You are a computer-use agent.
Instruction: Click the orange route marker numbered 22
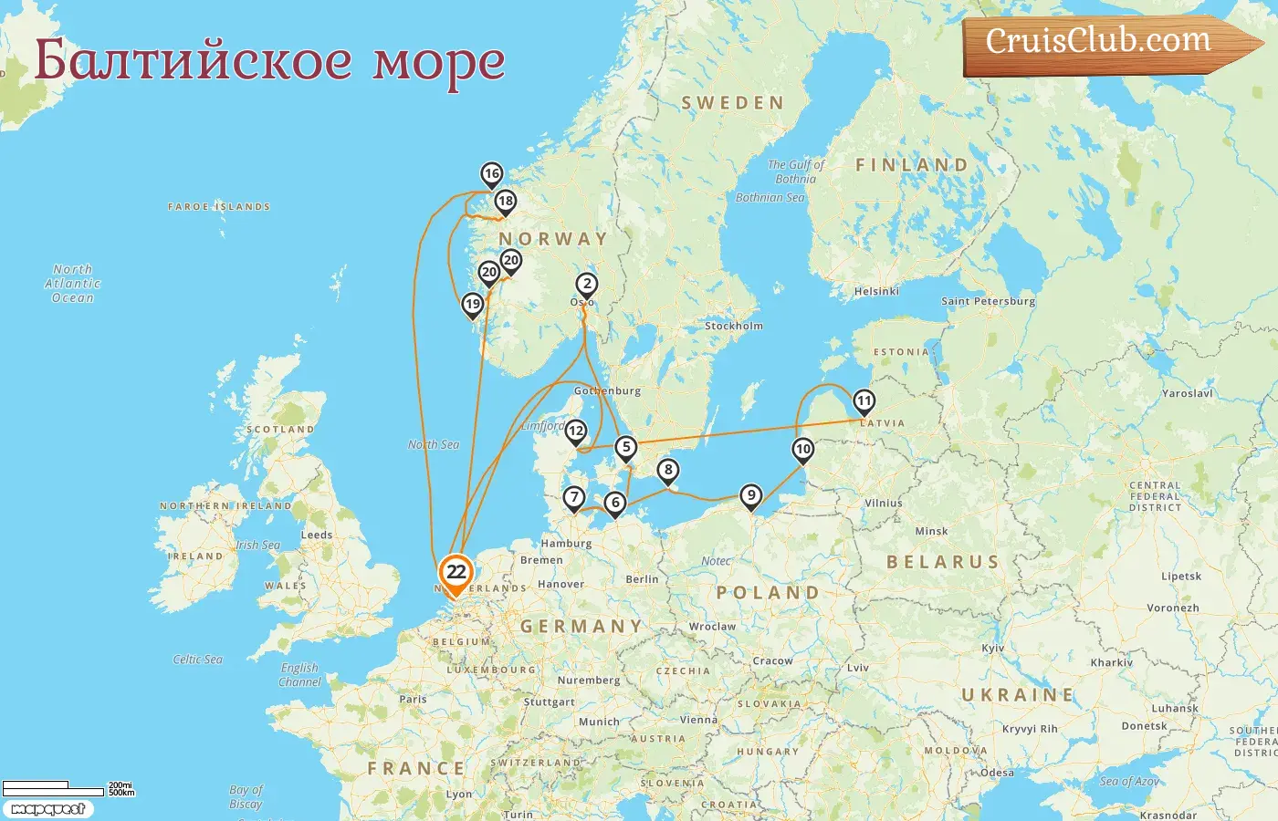click(456, 573)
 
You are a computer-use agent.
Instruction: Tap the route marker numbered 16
click(492, 174)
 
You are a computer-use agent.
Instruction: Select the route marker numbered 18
click(505, 202)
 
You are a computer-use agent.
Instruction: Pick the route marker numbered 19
click(472, 305)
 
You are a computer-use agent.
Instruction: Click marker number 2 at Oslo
click(587, 285)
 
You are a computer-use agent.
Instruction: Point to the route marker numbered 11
click(864, 401)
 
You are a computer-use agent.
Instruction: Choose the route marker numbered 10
click(803, 449)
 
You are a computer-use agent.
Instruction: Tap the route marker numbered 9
click(750, 495)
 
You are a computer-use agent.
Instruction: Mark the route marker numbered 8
click(668, 471)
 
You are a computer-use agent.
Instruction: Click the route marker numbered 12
click(576, 431)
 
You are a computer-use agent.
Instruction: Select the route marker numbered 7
click(573, 498)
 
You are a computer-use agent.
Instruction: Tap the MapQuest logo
click(48, 809)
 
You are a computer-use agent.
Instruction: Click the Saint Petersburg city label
click(988, 301)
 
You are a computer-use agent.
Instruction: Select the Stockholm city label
click(733, 326)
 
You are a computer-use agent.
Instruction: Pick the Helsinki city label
click(876, 291)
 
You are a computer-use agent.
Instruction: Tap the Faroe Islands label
click(219, 207)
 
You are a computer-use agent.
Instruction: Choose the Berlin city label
click(642, 579)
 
